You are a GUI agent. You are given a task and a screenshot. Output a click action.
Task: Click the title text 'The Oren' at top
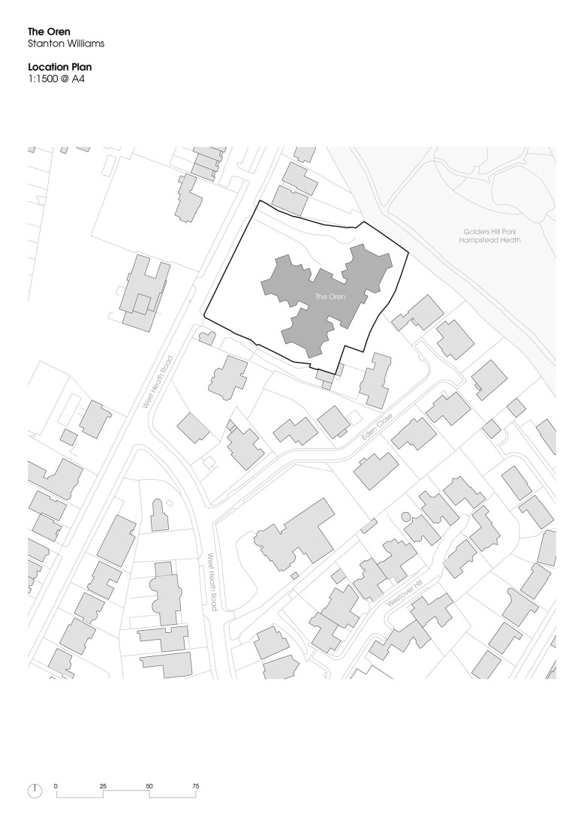tap(49, 32)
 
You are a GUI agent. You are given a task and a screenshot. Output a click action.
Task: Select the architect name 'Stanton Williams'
tap(65, 44)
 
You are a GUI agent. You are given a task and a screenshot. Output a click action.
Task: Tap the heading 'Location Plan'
tap(59, 67)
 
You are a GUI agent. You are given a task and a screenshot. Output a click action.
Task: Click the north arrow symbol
tap(35, 791)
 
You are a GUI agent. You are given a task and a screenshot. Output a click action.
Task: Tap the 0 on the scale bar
tap(56, 786)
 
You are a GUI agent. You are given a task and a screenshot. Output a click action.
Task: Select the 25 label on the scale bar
tap(104, 786)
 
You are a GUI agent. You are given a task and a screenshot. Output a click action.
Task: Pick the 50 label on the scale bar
tap(149, 786)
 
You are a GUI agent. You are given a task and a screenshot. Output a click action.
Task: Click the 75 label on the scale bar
tap(196, 786)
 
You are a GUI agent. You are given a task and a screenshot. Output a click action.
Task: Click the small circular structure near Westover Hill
tap(407, 517)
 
